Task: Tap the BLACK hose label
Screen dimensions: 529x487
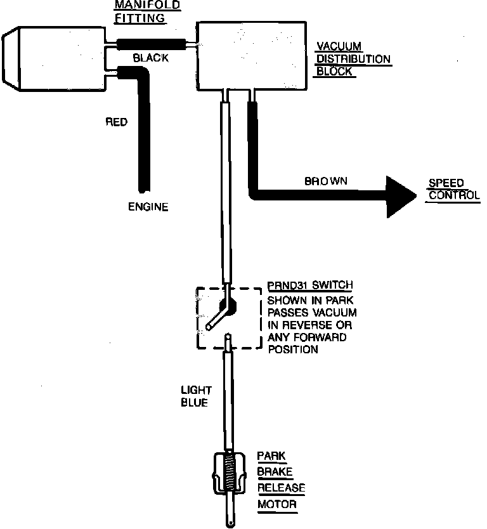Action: click(x=150, y=58)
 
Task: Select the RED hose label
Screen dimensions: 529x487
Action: click(x=116, y=122)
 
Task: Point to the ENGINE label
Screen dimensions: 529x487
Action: click(x=148, y=207)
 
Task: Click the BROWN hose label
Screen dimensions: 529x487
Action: click(x=326, y=181)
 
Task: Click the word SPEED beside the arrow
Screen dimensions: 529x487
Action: click(x=446, y=183)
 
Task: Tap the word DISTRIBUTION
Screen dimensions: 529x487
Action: click(x=354, y=59)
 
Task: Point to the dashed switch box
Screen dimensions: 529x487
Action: click(x=229, y=318)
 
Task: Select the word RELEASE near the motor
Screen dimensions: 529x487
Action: click(x=281, y=488)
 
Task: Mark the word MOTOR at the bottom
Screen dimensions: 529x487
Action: click(x=276, y=505)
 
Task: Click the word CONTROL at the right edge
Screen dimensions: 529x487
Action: click(x=454, y=195)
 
